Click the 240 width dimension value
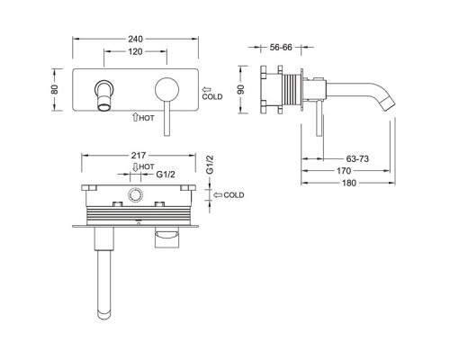pyautogui.click(x=136, y=39)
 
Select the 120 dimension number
pyautogui.click(x=135, y=51)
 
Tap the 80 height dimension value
pyautogui.click(x=55, y=89)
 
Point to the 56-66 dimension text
pyautogui.click(x=281, y=47)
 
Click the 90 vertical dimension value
pyautogui.click(x=241, y=89)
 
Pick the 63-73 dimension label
pyautogui.click(x=357, y=158)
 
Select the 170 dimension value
pyautogui.click(x=344, y=171)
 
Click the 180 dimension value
pyautogui.click(x=349, y=183)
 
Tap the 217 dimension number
pyautogui.click(x=139, y=155)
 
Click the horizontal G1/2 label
pyautogui.click(x=166, y=174)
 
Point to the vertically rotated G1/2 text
pyautogui.click(x=210, y=165)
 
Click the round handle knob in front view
pyautogui.click(x=166, y=89)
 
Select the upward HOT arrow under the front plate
pyautogui.click(x=135, y=117)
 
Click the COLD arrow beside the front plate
pyautogui.click(x=207, y=89)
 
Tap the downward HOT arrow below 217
pyautogui.click(x=135, y=167)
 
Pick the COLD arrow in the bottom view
pyautogui.click(x=218, y=195)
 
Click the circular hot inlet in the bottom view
pyautogui.click(x=135, y=195)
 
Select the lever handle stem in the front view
pyautogui.click(x=167, y=119)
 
